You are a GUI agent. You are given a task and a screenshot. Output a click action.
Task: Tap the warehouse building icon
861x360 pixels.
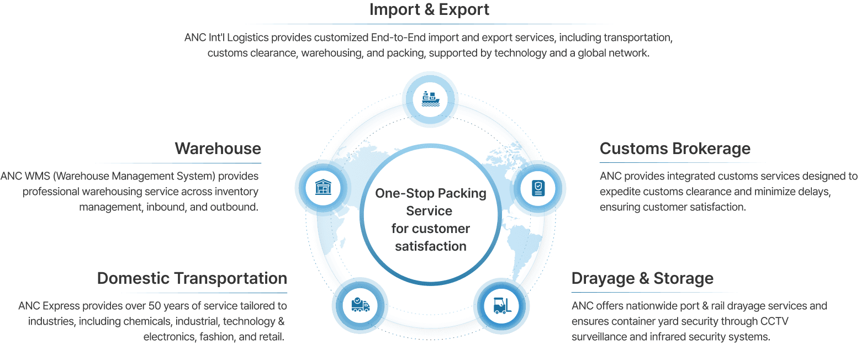point(323,187)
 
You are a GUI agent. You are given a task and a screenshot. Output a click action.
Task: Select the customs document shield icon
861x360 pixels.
point(537,188)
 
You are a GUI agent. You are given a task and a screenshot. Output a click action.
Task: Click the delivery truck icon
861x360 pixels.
point(360,305)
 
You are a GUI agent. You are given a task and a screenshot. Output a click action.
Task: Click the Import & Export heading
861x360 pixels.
point(429,10)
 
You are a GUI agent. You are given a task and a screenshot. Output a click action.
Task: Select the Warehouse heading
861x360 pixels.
point(218,149)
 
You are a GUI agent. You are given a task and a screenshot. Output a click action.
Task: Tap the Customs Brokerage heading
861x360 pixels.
point(675,149)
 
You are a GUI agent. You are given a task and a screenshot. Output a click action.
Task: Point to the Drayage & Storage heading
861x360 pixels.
point(642,278)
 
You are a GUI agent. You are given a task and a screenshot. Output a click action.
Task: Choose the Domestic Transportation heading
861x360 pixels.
point(192,278)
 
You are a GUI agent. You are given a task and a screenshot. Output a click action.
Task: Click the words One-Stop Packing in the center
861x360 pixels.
point(430,193)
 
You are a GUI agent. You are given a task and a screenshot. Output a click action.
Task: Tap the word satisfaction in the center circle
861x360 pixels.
point(430,246)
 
